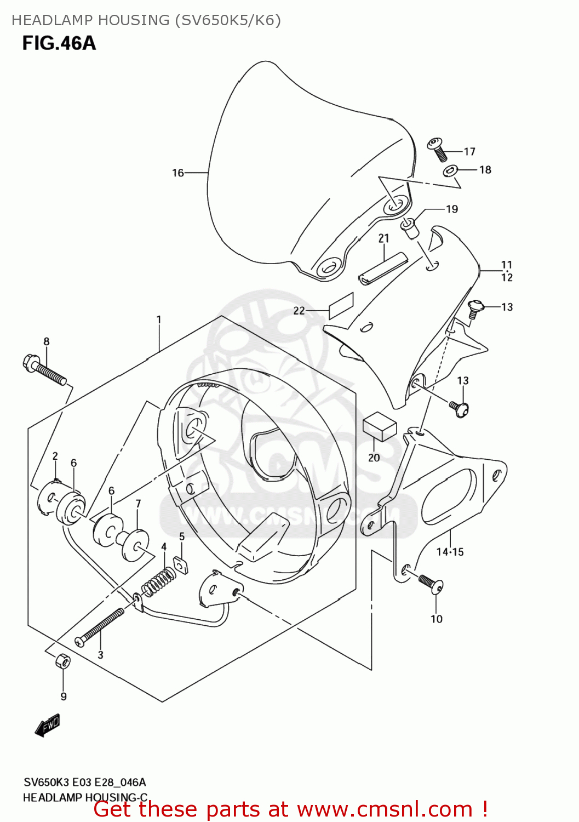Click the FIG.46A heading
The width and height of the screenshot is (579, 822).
59,43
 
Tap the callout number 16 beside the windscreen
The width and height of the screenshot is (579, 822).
178,173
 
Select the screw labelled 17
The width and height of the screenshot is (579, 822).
438,149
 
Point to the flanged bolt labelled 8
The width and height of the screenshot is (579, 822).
44,370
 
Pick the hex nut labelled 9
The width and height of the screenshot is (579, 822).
63,661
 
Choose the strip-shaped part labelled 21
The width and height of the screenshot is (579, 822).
383,269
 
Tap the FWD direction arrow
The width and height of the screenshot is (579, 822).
47,726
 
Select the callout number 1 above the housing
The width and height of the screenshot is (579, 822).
159,319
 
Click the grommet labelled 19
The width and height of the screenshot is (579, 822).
410,227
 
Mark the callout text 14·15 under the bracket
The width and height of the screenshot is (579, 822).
450,552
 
